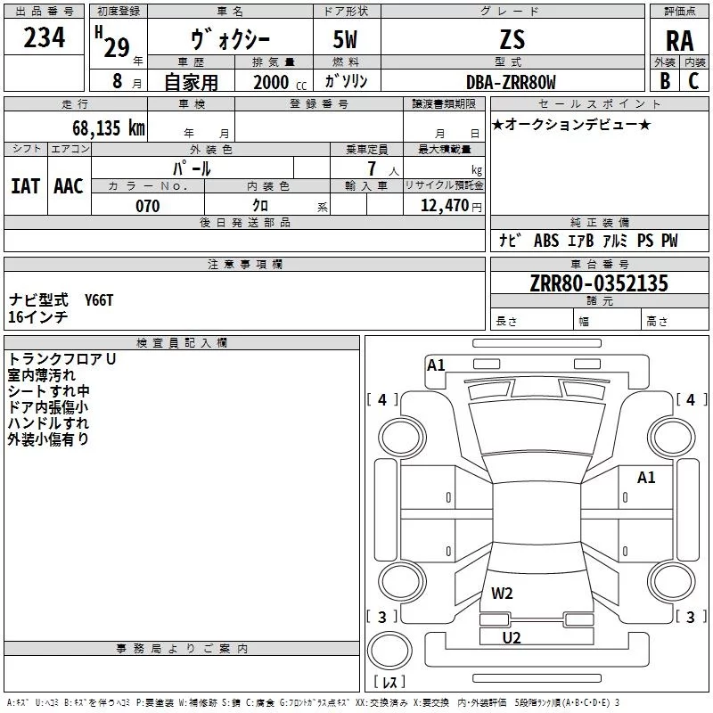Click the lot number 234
[x=44, y=37]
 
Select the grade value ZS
[x=512, y=39]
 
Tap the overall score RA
[x=679, y=41]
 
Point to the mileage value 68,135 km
[x=109, y=127]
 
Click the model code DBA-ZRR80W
[x=511, y=82]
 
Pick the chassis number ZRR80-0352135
[x=599, y=283]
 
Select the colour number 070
[x=148, y=206]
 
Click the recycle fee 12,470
[x=444, y=205]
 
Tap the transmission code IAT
[x=26, y=186]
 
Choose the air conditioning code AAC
[x=69, y=186]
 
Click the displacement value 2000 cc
[x=280, y=82]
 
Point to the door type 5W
[x=345, y=39]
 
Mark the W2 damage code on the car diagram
[x=502, y=594]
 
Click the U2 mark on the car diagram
[x=512, y=637]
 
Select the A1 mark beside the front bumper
[x=436, y=365]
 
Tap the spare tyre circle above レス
[x=389, y=650]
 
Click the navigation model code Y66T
[x=99, y=300]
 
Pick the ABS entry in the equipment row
[x=546, y=240]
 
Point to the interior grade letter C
[x=693, y=81]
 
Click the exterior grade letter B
[x=665, y=81]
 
